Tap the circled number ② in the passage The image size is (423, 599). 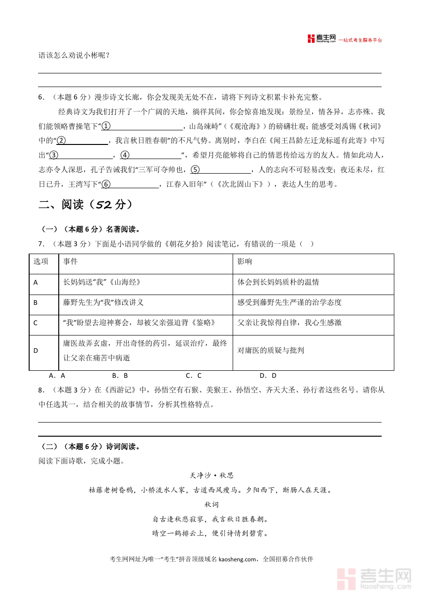tap(61, 141)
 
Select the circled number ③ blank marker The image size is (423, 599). tap(54, 155)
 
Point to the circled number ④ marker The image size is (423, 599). tap(125, 155)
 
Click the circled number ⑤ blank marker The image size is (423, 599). tap(195, 170)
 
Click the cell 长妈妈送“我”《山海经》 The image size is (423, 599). tap(102, 282)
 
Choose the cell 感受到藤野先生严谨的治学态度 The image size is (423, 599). tap(289, 303)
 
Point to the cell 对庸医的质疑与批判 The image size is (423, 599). tap(271, 350)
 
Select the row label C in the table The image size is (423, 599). tap(36, 323)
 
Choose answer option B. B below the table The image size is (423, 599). tap(120, 375)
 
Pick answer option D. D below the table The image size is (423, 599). tap(268, 375)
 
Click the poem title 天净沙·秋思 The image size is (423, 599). tap(211, 476)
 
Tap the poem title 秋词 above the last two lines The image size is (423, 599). tap(211, 504)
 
